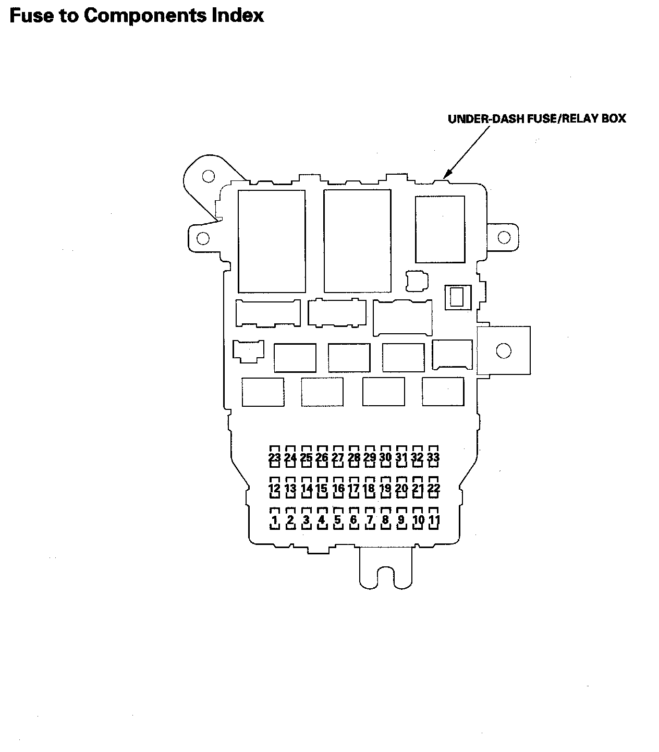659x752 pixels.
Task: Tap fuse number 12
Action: (x=275, y=489)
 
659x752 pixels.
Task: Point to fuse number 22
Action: (x=433, y=489)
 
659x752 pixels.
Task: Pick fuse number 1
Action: (x=275, y=520)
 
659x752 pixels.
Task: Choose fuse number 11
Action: (x=433, y=520)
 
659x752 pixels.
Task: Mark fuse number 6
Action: (x=353, y=520)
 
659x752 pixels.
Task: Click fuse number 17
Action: (x=353, y=489)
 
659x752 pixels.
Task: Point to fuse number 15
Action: (x=322, y=489)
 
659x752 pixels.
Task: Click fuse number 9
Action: (x=401, y=520)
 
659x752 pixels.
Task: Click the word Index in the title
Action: (x=238, y=16)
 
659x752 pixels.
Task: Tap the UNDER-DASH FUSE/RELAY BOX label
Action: (x=536, y=119)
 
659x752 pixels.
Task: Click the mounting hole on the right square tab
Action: (x=504, y=350)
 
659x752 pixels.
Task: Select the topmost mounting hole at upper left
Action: (x=208, y=176)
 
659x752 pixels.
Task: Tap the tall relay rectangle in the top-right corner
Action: (x=440, y=229)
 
